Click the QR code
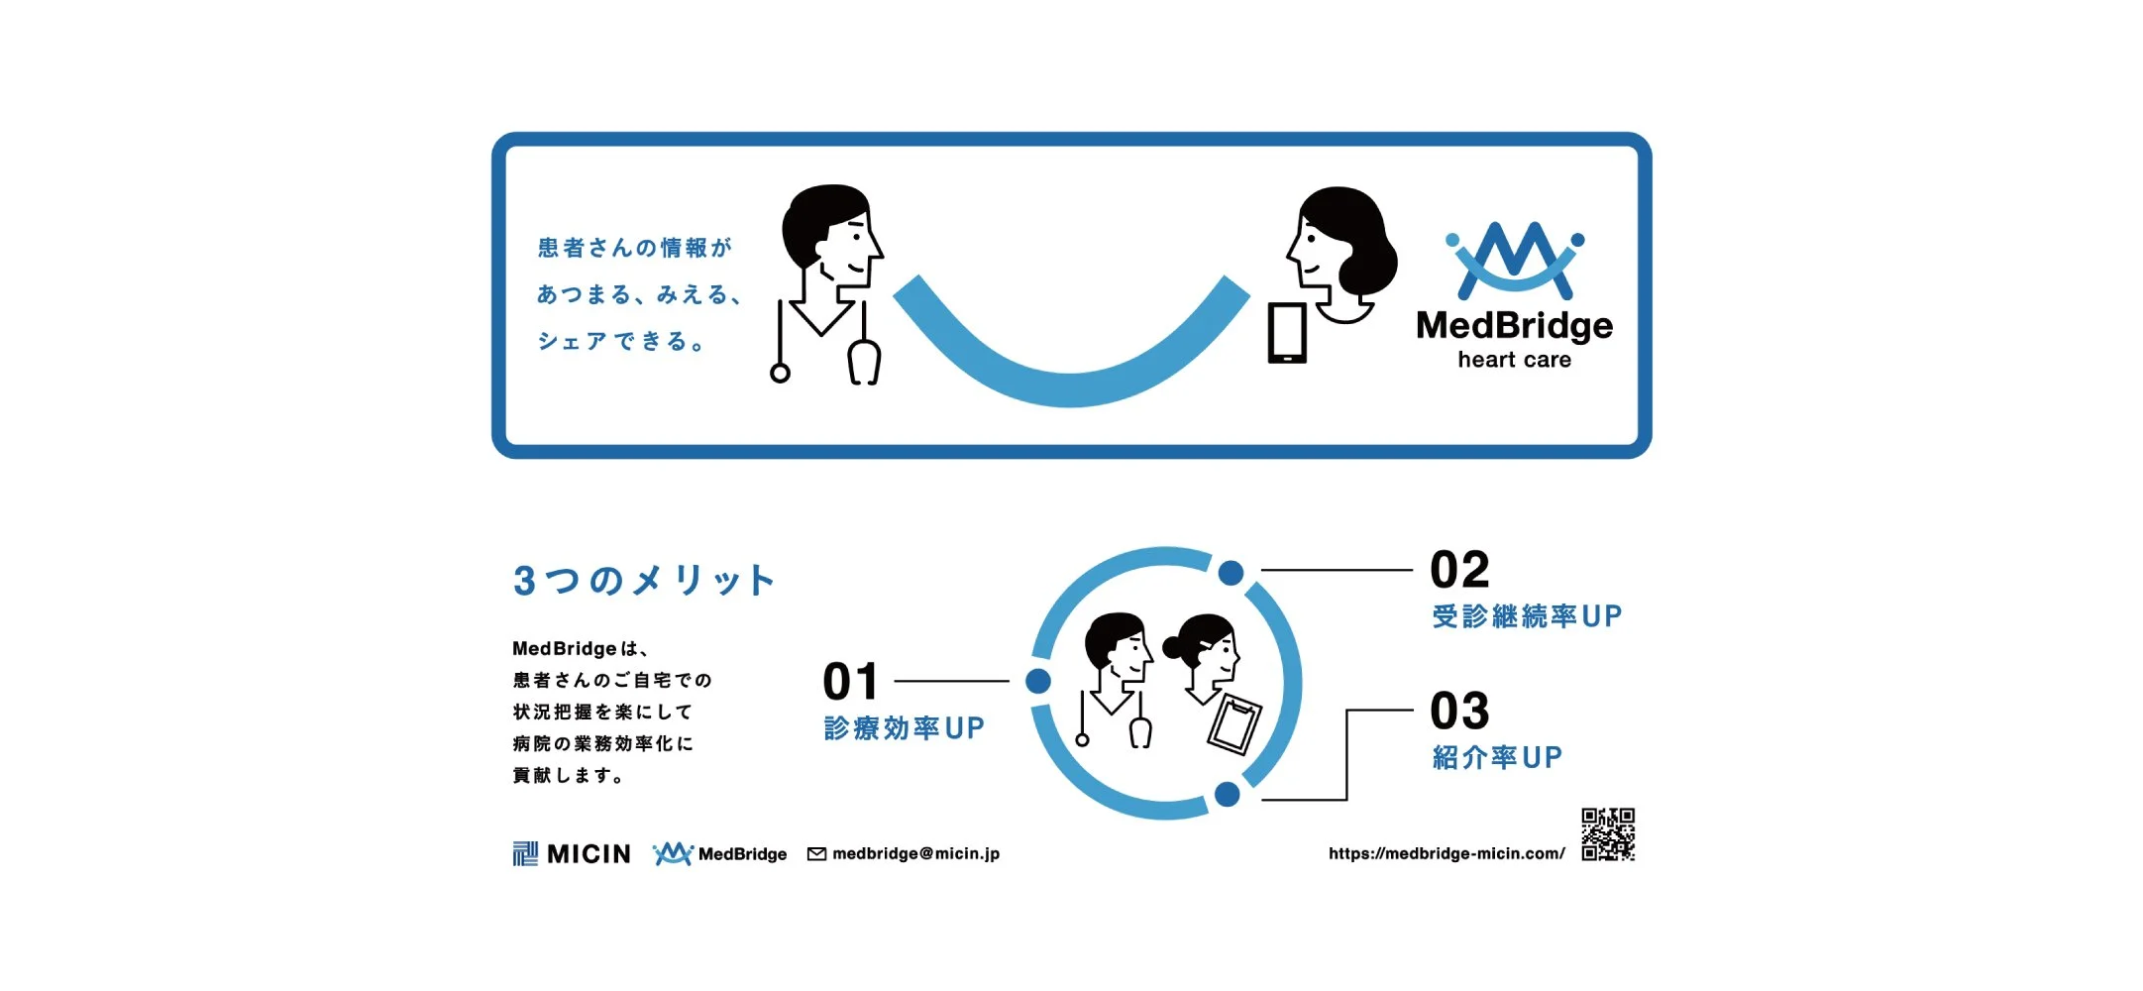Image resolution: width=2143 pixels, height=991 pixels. pyautogui.click(x=1607, y=834)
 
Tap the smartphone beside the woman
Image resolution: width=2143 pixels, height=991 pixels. pyautogui.click(x=1287, y=333)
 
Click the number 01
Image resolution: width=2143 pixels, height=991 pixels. pyautogui.click(x=850, y=682)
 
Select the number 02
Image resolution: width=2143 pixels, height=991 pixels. pyautogui.click(x=1459, y=570)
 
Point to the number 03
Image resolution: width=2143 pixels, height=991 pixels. pyautogui.click(x=1459, y=711)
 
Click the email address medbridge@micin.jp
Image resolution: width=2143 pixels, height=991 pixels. pyautogui.click(x=915, y=853)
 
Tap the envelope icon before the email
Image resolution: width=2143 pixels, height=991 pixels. pyautogui.click(x=816, y=854)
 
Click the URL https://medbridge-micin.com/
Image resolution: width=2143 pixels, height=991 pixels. pyautogui.click(x=1447, y=853)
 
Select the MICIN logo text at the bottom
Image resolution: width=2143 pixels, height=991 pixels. pyautogui.click(x=588, y=853)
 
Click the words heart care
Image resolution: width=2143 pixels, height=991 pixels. pyautogui.click(x=1514, y=360)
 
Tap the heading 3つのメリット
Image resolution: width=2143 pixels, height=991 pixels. pyautogui.click(x=643, y=580)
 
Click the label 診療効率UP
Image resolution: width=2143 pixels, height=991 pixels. pyautogui.click(x=904, y=728)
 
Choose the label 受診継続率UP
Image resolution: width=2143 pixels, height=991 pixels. pyautogui.click(x=1526, y=616)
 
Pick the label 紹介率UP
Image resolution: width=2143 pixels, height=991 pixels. pyautogui.click(x=1496, y=758)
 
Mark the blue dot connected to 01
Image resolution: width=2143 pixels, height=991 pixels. pyautogui.click(x=1037, y=681)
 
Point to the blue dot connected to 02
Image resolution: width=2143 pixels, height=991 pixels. pyautogui.click(x=1231, y=573)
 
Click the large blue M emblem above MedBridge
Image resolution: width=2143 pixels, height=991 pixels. pyautogui.click(x=1514, y=260)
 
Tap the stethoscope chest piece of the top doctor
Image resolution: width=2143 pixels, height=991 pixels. pyautogui.click(x=780, y=374)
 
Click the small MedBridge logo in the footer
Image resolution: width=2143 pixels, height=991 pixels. pyautogui.click(x=719, y=853)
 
